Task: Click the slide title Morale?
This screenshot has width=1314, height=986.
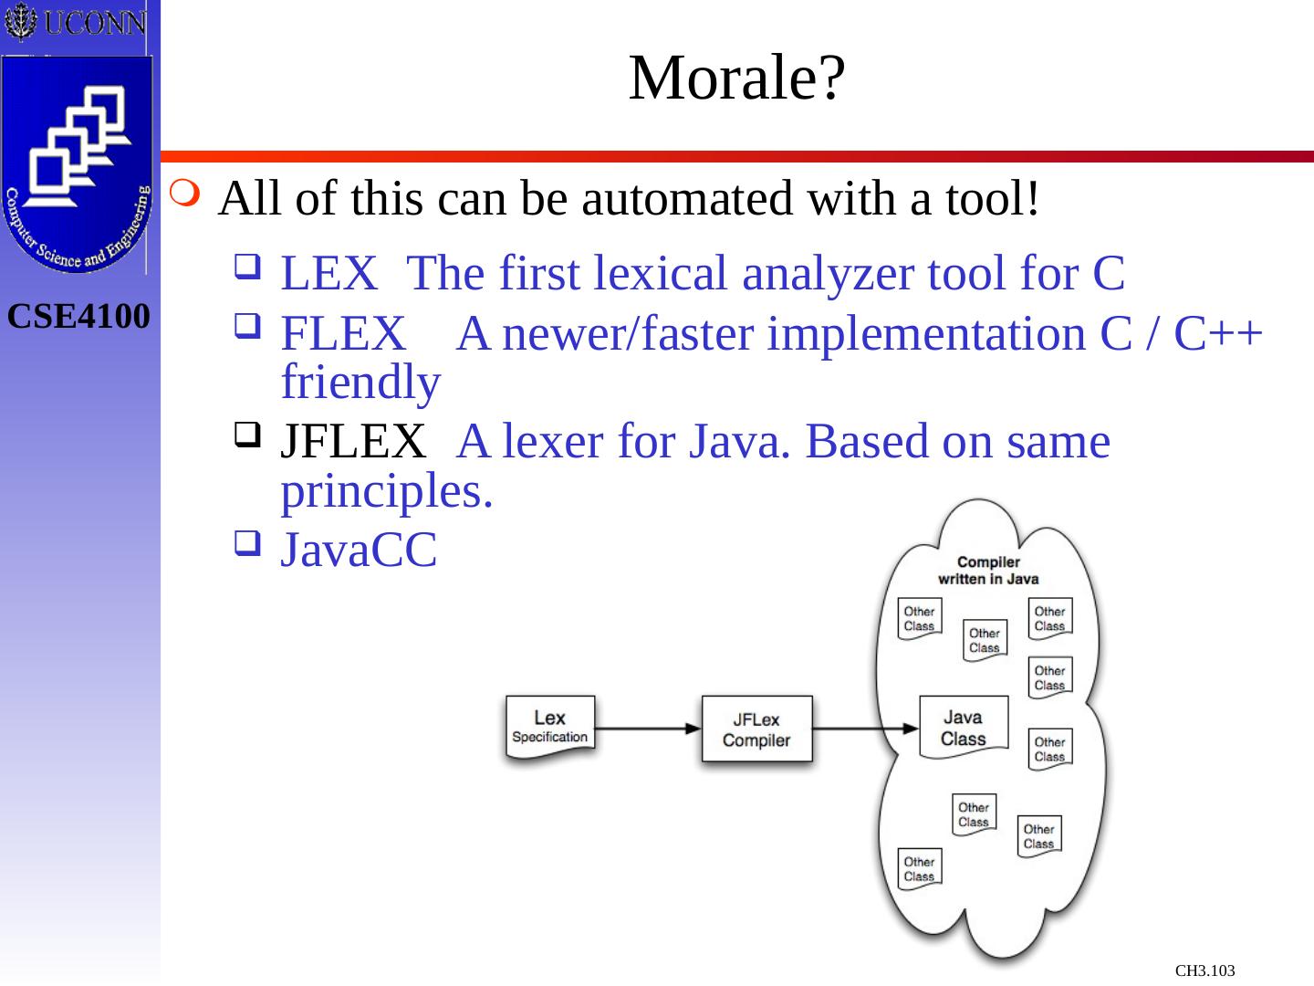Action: click(737, 79)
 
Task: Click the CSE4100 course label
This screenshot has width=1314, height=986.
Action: click(79, 318)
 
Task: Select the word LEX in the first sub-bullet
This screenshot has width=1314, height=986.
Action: click(328, 273)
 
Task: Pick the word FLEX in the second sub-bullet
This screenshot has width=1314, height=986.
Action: click(343, 335)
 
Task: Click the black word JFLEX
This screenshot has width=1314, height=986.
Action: click(352, 442)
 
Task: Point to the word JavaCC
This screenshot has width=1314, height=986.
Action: click(359, 550)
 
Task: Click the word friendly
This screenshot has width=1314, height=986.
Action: click(360, 383)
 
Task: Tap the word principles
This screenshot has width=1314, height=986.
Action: click(387, 491)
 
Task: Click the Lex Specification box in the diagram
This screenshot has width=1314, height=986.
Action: click(549, 727)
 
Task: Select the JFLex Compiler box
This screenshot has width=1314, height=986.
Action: click(756, 729)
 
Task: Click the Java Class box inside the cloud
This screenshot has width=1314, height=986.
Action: click(963, 728)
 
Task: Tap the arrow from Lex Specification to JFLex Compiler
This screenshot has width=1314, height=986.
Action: click(648, 729)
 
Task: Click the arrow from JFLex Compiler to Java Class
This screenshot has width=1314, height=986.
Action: click(864, 729)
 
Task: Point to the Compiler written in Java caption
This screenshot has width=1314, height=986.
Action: click(988, 570)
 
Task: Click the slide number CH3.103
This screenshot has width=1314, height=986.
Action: click(1204, 970)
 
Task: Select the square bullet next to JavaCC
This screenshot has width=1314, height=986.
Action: click(245, 545)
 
